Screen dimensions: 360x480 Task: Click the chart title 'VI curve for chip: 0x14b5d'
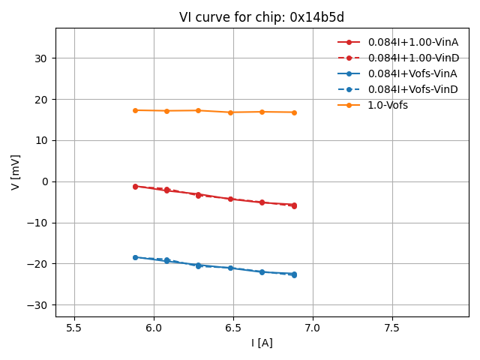pyautogui.click(x=262, y=17)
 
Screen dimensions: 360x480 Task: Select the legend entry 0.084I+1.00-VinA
pyautogui.click(x=412, y=42)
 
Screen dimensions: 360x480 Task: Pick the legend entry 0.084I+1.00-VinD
pyautogui.click(x=413, y=58)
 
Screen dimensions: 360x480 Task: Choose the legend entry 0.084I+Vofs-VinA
pyautogui.click(x=412, y=73)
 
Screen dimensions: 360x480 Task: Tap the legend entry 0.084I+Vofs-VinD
pyautogui.click(x=412, y=89)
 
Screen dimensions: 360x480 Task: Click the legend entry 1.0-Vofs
pyautogui.click(x=388, y=105)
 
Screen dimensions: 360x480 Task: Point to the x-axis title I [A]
pyautogui.click(x=262, y=343)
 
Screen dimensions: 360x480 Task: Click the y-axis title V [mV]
pyautogui.click(x=15, y=172)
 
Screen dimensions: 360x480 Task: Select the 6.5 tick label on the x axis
pyautogui.click(x=233, y=328)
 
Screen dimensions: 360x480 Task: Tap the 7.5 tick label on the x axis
pyautogui.click(x=392, y=328)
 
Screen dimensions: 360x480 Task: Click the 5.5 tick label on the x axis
pyautogui.click(x=74, y=328)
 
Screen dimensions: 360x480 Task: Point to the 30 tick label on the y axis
pyautogui.click(x=41, y=58)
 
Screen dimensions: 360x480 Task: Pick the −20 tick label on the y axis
pyautogui.click(x=37, y=264)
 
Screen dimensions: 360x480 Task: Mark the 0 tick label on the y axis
pyautogui.click(x=44, y=181)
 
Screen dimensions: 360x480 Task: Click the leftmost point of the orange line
pyautogui.click(x=135, y=110)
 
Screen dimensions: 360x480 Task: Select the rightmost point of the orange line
pyautogui.click(x=294, y=112)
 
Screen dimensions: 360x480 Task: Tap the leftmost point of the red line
pyautogui.click(x=135, y=186)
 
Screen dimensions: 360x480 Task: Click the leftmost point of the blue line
pyautogui.click(x=135, y=257)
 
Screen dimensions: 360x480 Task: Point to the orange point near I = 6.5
pyautogui.click(x=230, y=112)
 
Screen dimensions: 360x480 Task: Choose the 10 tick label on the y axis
pyautogui.click(x=41, y=140)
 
